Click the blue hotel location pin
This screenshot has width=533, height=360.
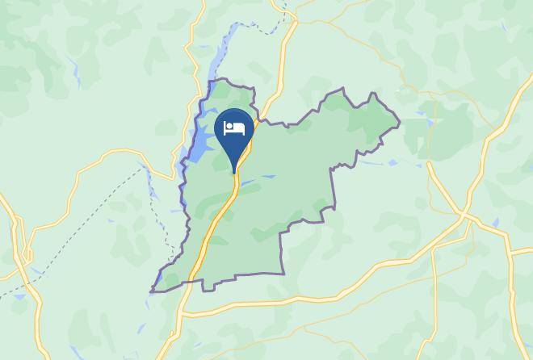234,133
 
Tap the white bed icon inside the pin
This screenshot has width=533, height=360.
234,128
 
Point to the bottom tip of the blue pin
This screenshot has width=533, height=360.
235,173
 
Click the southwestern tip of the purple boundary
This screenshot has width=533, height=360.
152,291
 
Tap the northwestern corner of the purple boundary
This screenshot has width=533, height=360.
211,82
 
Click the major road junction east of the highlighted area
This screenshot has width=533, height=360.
464,215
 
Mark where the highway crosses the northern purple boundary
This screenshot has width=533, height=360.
255,122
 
